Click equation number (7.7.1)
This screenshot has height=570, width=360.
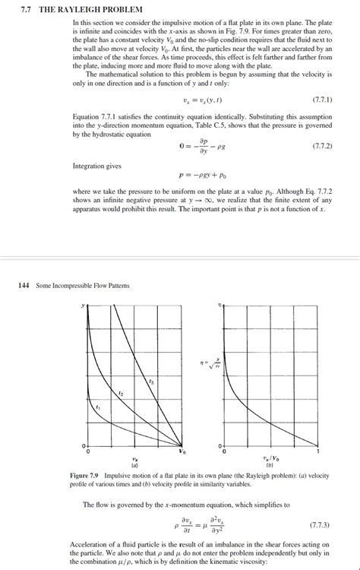(x=324, y=100)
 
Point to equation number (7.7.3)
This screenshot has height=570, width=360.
(x=324, y=525)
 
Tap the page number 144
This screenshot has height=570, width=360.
(x=23, y=285)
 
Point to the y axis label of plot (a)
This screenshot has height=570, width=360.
(x=84, y=305)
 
